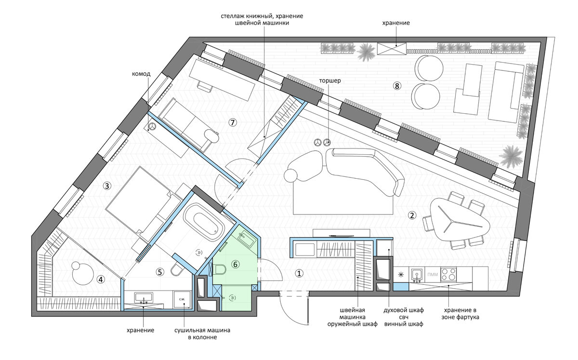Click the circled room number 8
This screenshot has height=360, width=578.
(397, 86)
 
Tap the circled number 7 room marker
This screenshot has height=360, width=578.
(233, 122)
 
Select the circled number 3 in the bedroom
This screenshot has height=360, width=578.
(107, 186)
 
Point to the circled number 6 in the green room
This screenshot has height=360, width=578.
(236, 264)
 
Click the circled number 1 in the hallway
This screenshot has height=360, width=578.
(299, 273)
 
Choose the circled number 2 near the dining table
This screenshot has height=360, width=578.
(411, 215)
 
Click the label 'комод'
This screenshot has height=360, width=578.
(141, 74)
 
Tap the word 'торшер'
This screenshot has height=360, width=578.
(330, 80)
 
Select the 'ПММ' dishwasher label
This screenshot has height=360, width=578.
(433, 274)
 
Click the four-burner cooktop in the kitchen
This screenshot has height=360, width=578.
(448, 274)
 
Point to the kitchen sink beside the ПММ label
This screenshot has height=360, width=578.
(417, 275)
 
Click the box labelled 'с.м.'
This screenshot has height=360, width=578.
(182, 300)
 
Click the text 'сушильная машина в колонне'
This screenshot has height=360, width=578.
(202, 333)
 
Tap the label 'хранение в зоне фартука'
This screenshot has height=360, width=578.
(460, 313)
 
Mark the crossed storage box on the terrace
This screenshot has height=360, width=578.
(392, 49)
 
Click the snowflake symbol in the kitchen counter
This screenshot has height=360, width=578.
(401, 275)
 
